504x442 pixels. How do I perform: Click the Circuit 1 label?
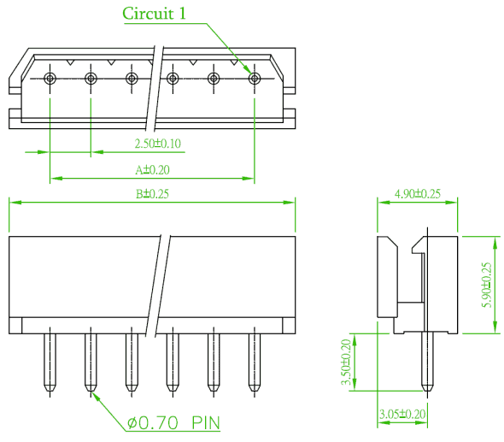point(154,14)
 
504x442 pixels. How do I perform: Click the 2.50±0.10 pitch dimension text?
point(157,144)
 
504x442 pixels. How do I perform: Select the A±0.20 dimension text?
point(152,170)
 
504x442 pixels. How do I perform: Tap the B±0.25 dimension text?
point(152,194)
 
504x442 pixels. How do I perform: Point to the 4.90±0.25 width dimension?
point(418,194)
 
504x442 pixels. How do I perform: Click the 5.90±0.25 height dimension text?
point(487,285)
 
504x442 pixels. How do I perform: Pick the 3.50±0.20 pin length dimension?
point(346,362)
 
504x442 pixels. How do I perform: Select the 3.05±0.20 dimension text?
point(402,414)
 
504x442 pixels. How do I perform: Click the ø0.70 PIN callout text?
point(173,422)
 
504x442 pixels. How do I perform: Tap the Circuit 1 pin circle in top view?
point(255,78)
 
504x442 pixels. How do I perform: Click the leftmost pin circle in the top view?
point(50,78)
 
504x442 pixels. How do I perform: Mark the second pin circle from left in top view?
point(91,78)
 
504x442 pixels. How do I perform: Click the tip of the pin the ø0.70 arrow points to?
point(91,391)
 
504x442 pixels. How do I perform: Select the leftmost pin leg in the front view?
point(50,362)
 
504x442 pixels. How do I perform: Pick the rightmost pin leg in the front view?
point(255,362)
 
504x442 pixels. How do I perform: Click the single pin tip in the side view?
point(427,389)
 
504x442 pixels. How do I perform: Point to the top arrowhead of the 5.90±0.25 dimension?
point(495,243)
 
